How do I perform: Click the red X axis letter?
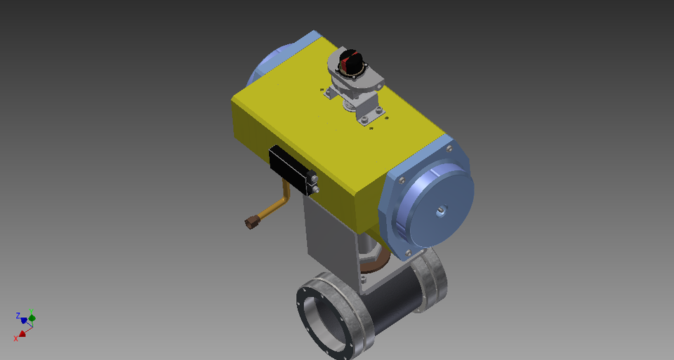coord(16,338)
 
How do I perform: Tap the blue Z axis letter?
coord(18,316)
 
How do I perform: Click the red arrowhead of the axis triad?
coord(22,333)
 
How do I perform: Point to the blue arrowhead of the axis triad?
coord(24,320)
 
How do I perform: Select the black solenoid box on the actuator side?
coord(290,168)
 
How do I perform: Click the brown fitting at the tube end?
coord(250,223)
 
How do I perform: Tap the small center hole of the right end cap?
coord(440,209)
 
